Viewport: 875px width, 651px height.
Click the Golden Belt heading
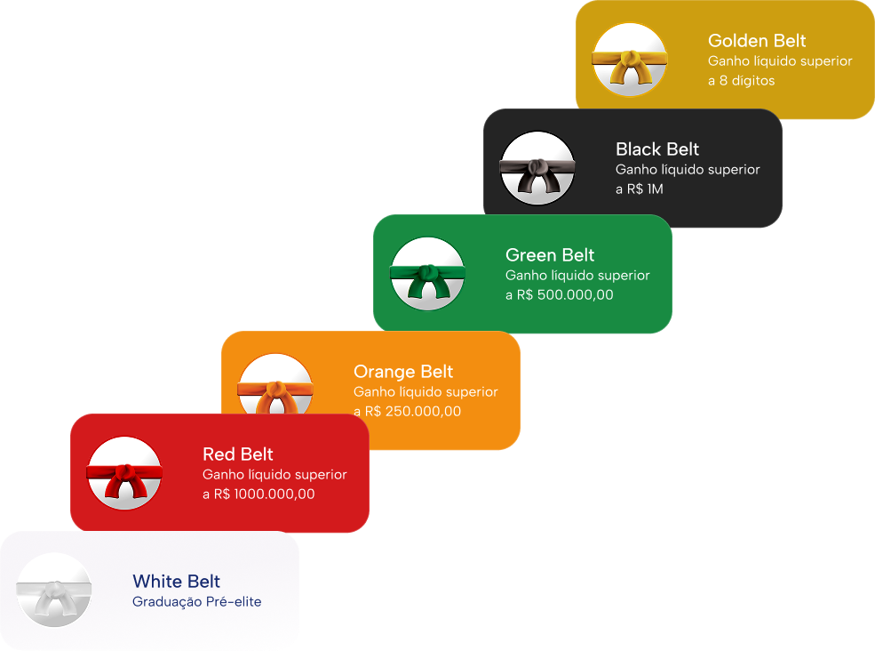tap(757, 41)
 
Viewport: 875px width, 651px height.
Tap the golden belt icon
tap(630, 60)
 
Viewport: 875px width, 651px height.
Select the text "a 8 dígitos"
tap(741, 81)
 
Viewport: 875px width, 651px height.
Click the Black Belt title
tap(657, 149)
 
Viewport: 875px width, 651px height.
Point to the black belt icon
tap(537, 168)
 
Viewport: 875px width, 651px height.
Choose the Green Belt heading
tap(550, 255)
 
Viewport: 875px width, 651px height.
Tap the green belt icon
tap(427, 274)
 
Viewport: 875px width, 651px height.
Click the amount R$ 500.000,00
tap(565, 295)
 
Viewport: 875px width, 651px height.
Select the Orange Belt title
tap(403, 372)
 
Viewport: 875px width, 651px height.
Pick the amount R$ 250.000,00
tap(413, 412)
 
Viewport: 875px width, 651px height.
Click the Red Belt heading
tap(238, 454)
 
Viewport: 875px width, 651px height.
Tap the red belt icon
tap(124, 473)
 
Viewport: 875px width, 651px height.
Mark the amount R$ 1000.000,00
tap(264, 494)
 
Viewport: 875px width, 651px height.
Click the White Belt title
tap(176, 582)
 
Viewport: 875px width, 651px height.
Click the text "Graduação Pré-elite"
tap(196, 602)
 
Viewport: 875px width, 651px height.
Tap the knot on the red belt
tap(124, 470)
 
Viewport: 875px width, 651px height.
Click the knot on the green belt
tap(427, 271)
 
